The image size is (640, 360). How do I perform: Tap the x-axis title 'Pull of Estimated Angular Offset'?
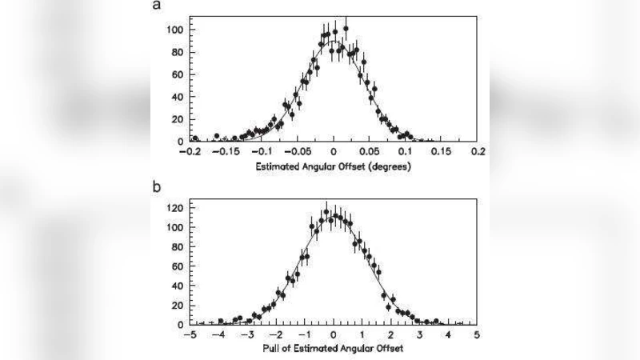click(x=333, y=350)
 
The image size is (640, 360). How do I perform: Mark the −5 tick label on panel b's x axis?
click(x=190, y=334)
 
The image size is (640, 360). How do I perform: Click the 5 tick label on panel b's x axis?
click(x=477, y=334)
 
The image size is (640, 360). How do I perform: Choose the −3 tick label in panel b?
click(x=247, y=334)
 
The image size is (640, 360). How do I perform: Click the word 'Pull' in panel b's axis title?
click(x=270, y=350)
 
